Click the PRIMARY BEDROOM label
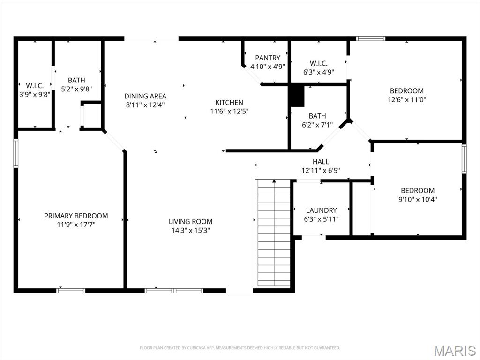click(76, 216)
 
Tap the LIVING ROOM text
click(190, 221)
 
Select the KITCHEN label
click(229, 102)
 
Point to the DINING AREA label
click(145, 96)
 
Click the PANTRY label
click(268, 58)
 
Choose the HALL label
click(321, 162)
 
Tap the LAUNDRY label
click(321, 210)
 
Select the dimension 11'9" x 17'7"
click(76, 225)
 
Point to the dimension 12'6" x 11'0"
click(406, 99)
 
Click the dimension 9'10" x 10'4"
click(417, 199)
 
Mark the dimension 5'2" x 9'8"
click(76, 89)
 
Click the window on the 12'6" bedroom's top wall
click(370, 38)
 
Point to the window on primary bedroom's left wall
click(15, 153)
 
